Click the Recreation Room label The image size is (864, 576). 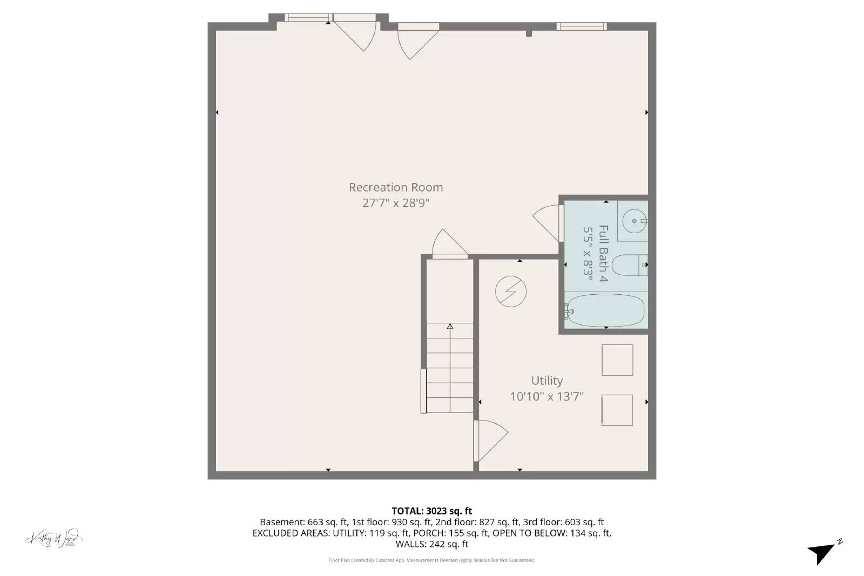click(x=395, y=187)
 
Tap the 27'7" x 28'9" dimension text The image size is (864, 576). click(x=395, y=204)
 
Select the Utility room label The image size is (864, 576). click(x=546, y=381)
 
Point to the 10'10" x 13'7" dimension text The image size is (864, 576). click(x=546, y=397)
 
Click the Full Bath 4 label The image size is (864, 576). click(x=603, y=253)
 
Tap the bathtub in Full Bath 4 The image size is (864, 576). click(x=606, y=310)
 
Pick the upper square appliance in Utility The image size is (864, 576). click(x=617, y=360)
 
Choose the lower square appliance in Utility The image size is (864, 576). click(x=617, y=410)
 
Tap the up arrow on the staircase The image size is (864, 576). click(x=450, y=327)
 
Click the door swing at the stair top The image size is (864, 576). click(x=448, y=244)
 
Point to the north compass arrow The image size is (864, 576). click(x=822, y=552)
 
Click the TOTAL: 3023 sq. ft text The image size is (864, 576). click(x=431, y=511)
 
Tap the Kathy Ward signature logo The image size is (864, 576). click(x=53, y=538)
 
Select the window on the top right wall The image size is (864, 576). click(x=581, y=26)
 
